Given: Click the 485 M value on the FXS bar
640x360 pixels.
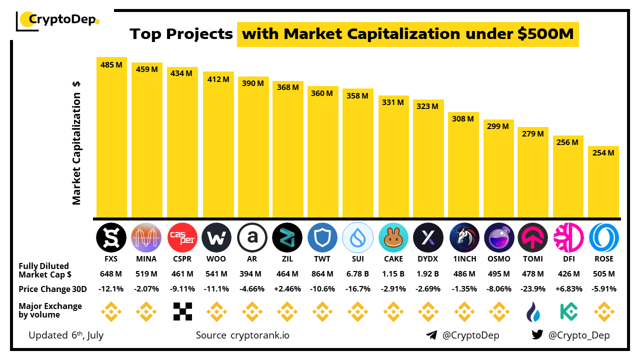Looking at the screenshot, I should pos(111,65).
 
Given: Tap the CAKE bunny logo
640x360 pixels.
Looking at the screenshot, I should pos(393,238).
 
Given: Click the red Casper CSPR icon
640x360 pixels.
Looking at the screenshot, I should pos(182,237).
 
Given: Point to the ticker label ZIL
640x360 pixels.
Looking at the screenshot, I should pos(287,259).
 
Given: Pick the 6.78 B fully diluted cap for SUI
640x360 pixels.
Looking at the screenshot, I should pos(358,274).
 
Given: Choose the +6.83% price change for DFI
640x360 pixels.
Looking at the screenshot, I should pos(568,289).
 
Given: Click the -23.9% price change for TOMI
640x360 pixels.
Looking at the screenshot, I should pos(533,289).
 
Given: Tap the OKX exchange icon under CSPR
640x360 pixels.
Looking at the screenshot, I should pos(182,311).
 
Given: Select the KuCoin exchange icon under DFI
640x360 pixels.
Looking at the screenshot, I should pos(568,311).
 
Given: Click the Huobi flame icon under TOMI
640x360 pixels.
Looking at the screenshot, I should pos(532,312).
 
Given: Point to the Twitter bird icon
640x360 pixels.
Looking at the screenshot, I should pos(537,335).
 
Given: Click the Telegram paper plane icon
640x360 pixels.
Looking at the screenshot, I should pos(431,335).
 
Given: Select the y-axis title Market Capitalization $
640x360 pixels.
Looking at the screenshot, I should pos(76,142).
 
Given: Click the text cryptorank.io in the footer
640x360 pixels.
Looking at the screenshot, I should pos(259,335).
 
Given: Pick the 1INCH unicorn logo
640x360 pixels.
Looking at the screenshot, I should pos(464,237).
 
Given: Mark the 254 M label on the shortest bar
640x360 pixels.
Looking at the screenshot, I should pos(603,153).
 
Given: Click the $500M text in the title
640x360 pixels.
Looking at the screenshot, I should pos(546,34).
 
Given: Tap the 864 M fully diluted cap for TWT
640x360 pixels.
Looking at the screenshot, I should pos(322,274).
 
